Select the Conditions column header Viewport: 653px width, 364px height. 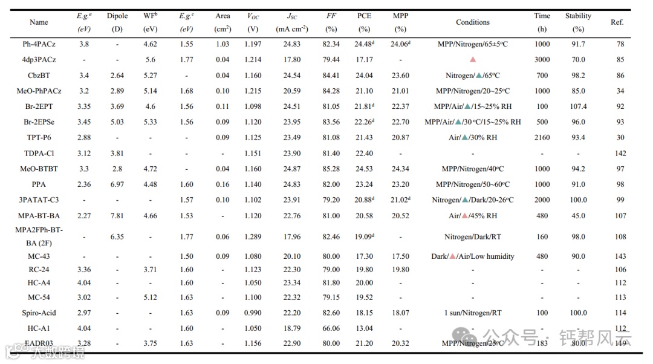pyautogui.click(x=472, y=22)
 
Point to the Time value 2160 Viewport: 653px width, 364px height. pyautogui.click(x=542, y=138)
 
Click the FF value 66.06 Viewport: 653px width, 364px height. pyautogui.click(x=331, y=328)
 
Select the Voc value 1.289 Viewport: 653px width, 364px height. pyautogui.click(x=253, y=237)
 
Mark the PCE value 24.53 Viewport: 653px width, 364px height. pyautogui.click(x=363, y=169)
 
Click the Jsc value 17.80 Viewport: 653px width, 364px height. pyautogui.click(x=291, y=60)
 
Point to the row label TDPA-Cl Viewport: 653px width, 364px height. pyautogui.click(x=39, y=154)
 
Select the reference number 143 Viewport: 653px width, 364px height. pyautogui.click(x=620, y=256)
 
